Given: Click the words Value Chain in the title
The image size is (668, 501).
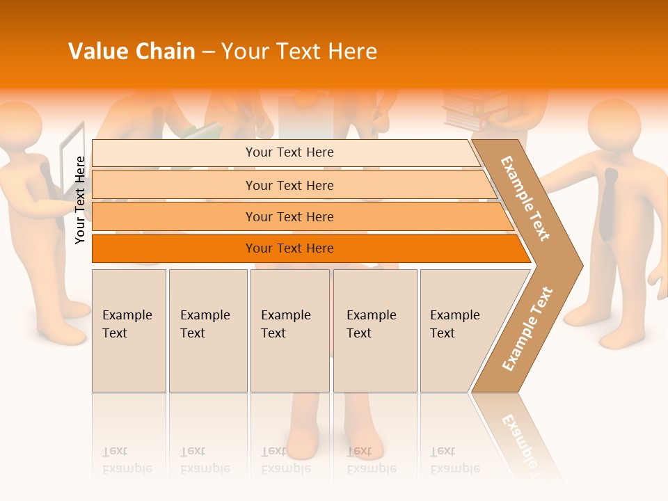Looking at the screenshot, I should (132, 51).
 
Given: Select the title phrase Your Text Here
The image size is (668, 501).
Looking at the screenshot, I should (299, 51).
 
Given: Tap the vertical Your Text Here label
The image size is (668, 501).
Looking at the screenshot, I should (80, 200).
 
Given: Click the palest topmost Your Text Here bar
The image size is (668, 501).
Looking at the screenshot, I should (289, 152).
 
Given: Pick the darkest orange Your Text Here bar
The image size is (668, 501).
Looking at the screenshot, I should (289, 248).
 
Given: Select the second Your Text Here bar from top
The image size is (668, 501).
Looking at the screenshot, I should (289, 185).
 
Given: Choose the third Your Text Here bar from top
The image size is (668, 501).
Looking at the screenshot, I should (289, 216).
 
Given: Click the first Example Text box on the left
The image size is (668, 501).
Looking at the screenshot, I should (129, 331).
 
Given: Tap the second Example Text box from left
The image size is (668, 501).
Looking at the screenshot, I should (207, 331).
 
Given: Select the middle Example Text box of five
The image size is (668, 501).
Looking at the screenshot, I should (289, 331).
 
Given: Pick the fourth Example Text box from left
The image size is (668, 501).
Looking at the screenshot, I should (374, 331).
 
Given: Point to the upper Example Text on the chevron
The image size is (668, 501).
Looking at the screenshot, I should (525, 198).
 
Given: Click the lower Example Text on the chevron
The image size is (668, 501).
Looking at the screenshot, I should (527, 328).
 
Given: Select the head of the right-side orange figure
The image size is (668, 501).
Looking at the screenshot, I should (614, 125).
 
